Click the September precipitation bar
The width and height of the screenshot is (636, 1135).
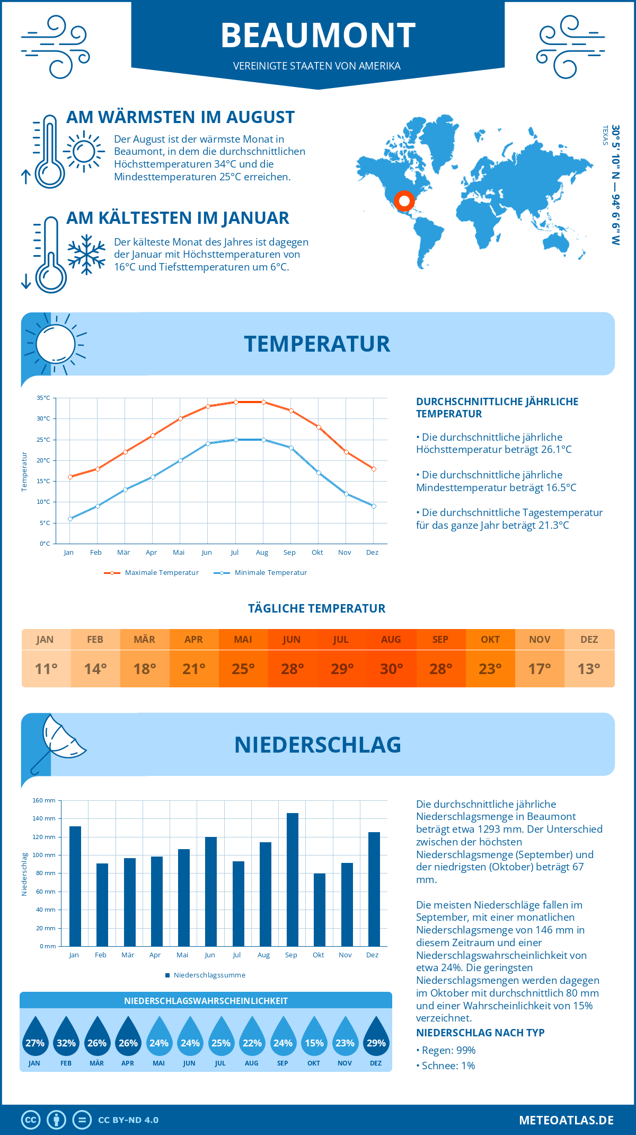point(293,880)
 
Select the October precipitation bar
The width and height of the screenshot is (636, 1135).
point(320,910)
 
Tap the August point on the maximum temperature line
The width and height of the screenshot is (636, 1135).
point(263,402)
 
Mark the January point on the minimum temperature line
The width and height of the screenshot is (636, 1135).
point(70,519)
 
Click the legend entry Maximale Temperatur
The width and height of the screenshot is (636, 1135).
point(152,573)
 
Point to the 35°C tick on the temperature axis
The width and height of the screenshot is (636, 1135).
point(43,398)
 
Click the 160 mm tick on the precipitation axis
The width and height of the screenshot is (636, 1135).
point(45,800)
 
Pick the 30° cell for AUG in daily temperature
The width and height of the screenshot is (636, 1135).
point(391,669)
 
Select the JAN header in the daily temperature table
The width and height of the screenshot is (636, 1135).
point(45,640)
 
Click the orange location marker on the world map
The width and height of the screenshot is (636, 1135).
point(404,201)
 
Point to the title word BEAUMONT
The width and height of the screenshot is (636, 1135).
point(318,36)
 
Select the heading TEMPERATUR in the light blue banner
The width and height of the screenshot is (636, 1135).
point(317,344)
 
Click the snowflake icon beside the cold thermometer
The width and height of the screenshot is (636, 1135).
point(86,254)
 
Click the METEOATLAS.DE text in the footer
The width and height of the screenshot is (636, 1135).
point(566,1120)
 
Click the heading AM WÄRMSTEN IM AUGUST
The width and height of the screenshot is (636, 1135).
point(180,117)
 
